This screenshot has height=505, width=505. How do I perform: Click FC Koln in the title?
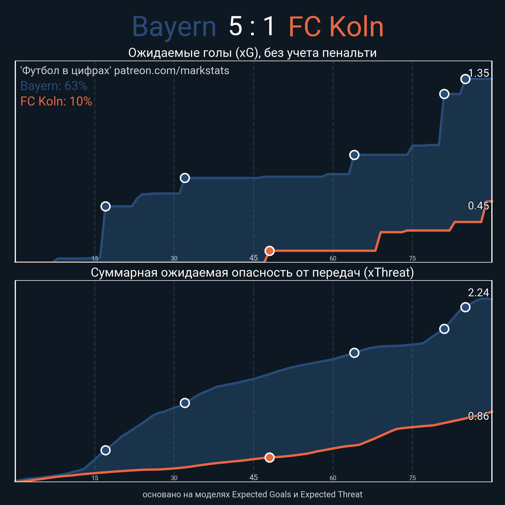tap(336, 27)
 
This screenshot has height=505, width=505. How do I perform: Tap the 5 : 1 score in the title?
tap(252, 26)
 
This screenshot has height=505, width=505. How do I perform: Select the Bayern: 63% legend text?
tap(54, 86)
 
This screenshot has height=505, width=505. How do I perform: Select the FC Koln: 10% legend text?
tap(56, 101)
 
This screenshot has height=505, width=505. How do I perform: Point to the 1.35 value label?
tap(478, 73)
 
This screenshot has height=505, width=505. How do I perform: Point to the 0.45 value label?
tap(478, 206)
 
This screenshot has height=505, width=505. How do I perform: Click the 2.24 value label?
tap(478, 293)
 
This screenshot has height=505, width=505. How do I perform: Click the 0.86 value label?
tap(478, 416)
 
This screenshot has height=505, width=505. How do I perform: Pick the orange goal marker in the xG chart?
tap(270, 251)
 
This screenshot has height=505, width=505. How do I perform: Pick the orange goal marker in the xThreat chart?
tap(270, 457)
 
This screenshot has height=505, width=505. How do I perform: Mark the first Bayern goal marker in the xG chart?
tap(105, 206)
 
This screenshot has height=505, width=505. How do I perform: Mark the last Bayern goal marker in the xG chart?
tap(465, 79)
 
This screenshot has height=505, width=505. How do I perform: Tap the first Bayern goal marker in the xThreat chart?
tap(105, 450)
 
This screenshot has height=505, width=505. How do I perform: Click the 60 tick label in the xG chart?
tap(333, 258)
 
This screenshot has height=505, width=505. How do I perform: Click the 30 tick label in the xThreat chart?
tap(174, 478)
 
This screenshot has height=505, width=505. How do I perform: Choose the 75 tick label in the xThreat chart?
tap(412, 478)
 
